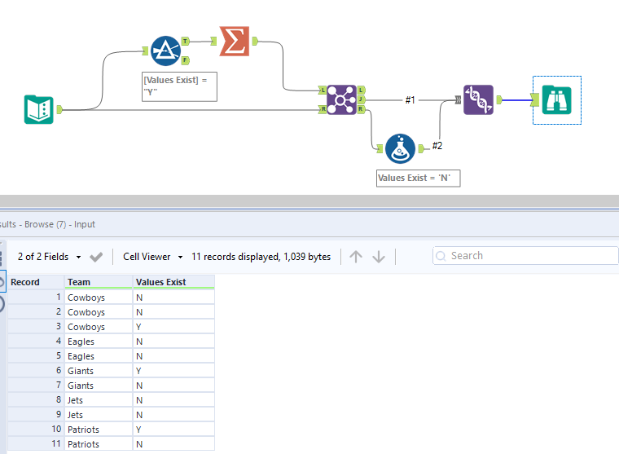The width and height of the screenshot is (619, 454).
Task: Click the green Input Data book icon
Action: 38,109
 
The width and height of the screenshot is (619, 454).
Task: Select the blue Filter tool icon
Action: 165,51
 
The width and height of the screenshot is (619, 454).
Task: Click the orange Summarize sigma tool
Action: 234,41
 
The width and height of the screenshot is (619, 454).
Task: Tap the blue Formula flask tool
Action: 400,148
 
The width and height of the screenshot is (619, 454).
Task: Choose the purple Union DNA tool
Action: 478,99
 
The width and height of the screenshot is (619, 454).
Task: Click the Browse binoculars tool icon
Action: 557,99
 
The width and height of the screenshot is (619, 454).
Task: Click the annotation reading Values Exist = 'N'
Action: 418,178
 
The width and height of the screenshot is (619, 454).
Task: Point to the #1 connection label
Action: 410,100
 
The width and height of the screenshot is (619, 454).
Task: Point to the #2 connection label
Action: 437,146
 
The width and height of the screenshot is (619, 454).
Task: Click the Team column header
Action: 79,282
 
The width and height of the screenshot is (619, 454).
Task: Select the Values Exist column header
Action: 161,282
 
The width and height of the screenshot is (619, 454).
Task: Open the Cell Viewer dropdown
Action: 152,257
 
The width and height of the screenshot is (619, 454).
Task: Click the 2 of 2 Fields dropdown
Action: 49,257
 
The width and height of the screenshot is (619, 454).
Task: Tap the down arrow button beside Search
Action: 379,257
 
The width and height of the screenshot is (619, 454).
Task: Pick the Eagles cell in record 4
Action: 81,342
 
